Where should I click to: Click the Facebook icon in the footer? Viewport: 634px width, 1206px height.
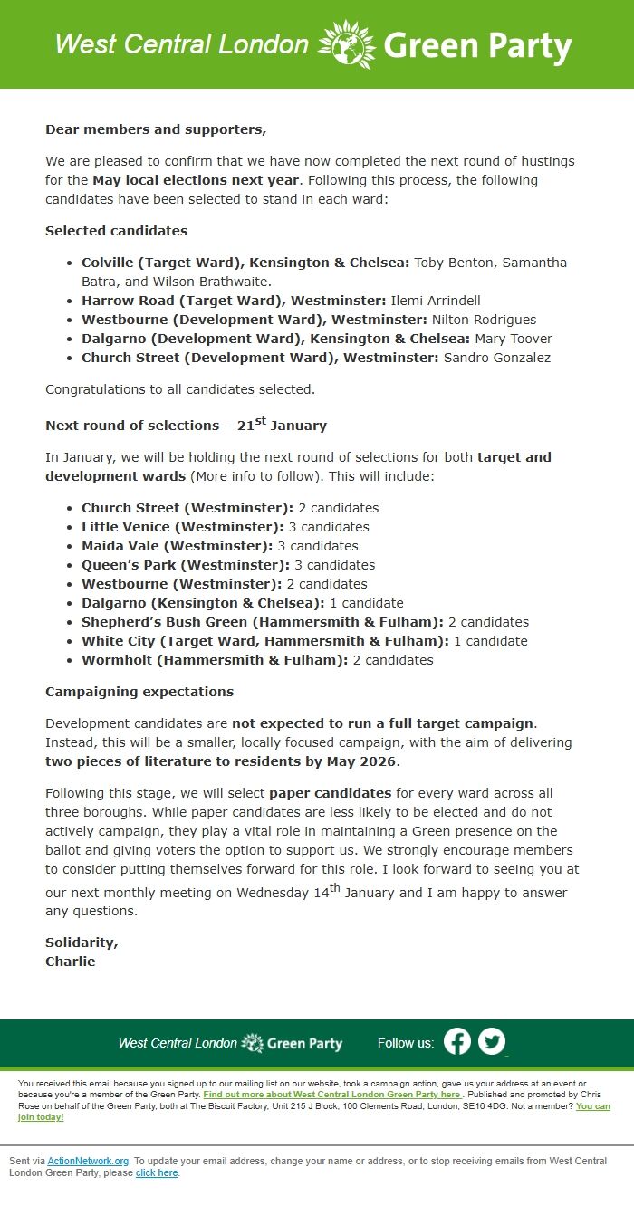click(x=457, y=1041)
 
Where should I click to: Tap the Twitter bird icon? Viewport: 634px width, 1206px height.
click(x=492, y=1041)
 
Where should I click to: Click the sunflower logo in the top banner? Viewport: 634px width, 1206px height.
click(x=347, y=44)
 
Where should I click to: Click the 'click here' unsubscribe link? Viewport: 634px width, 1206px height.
click(x=157, y=1173)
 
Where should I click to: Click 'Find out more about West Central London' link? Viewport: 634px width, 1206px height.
click(x=331, y=1095)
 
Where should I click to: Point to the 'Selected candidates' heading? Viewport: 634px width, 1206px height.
click(x=116, y=231)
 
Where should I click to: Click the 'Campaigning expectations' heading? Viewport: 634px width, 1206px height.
click(x=139, y=692)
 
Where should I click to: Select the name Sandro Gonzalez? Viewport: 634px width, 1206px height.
click(x=496, y=358)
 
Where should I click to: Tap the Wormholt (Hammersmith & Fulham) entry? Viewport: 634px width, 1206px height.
click(x=215, y=660)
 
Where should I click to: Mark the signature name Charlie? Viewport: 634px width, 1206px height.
click(x=70, y=962)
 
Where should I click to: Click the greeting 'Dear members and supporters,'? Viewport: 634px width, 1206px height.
click(x=156, y=129)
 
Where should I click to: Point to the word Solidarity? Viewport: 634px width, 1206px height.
click(x=82, y=943)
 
